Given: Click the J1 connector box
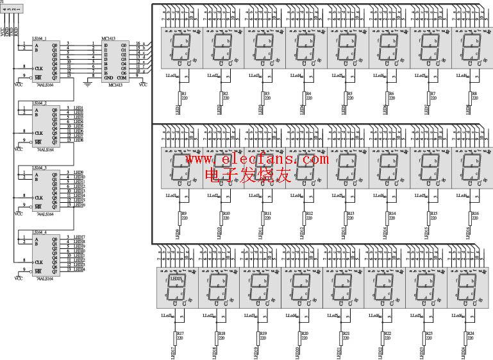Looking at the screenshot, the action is point(13,8).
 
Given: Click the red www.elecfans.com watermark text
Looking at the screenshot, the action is point(256,159).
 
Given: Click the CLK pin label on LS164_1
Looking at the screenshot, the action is point(38,67).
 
